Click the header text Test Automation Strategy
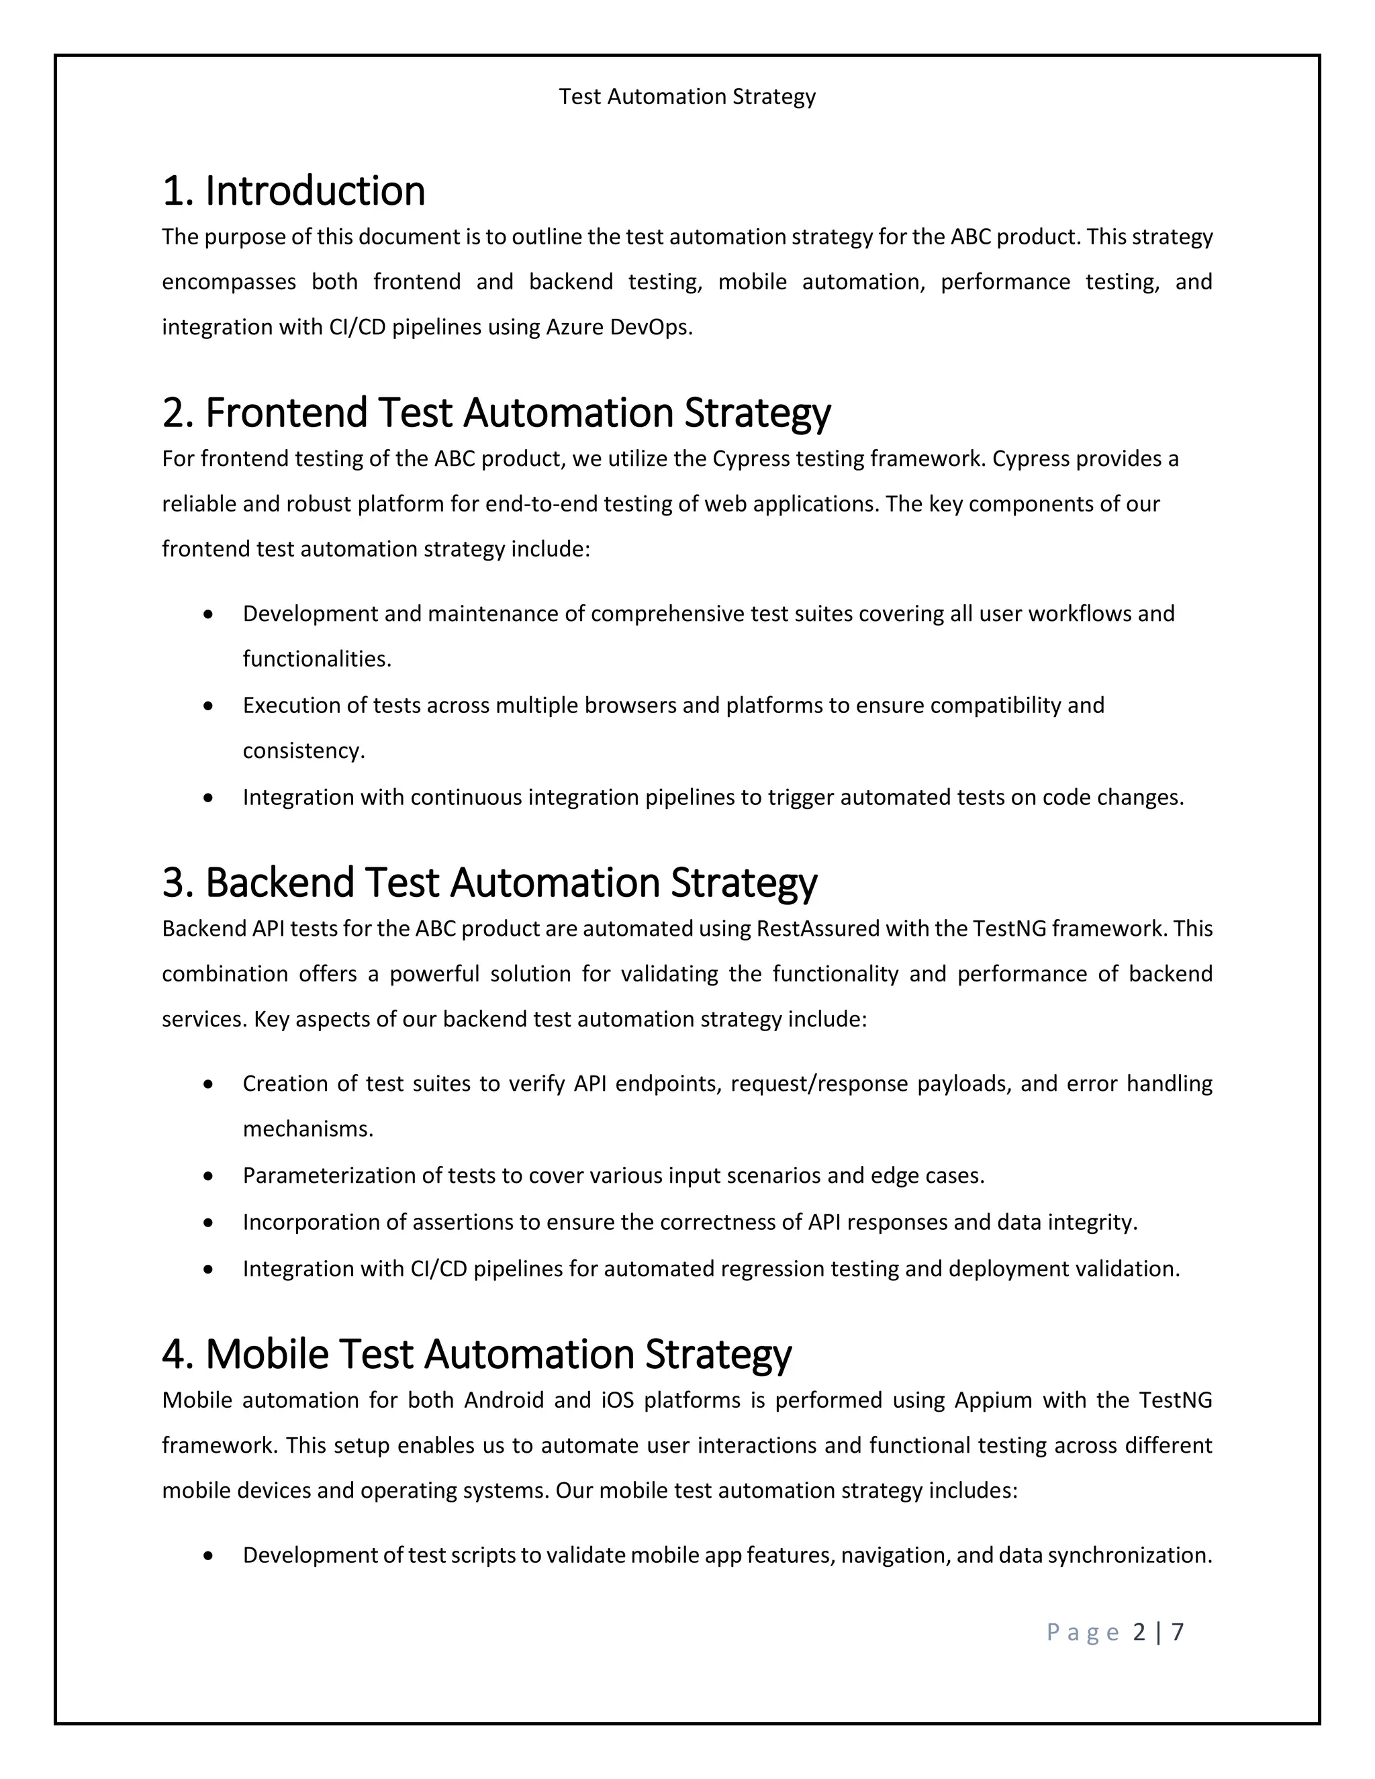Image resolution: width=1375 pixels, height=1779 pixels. click(x=687, y=97)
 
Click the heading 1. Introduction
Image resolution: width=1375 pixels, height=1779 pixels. click(x=293, y=191)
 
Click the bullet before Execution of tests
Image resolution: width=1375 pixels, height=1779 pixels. click(x=209, y=706)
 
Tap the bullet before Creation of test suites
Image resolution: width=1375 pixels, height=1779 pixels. click(x=209, y=1084)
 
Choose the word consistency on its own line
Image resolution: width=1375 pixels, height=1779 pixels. click(x=302, y=751)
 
